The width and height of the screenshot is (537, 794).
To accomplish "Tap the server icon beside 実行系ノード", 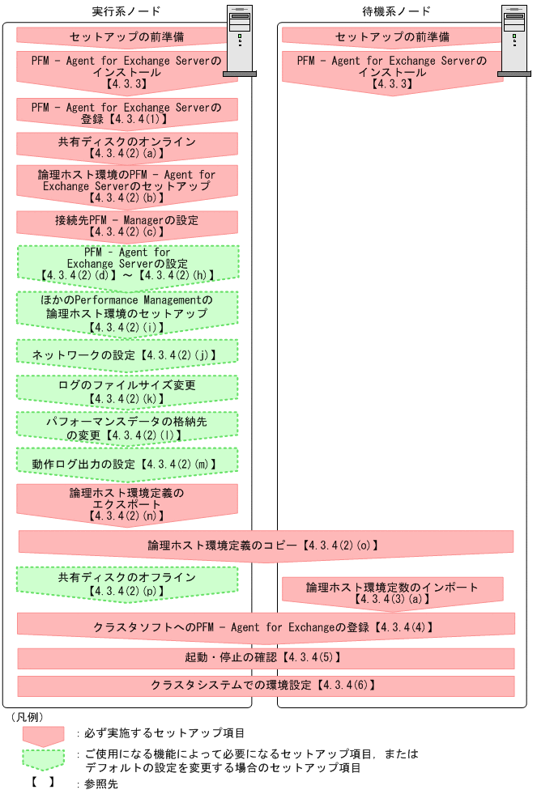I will click(239, 41).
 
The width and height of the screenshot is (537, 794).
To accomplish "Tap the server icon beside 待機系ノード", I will click(515, 41).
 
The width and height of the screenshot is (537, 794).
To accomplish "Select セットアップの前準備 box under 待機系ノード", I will click(392, 37).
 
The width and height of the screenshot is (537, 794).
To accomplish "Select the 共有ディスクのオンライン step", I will click(127, 146).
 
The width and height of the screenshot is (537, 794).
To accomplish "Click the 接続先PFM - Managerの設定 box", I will click(127, 224).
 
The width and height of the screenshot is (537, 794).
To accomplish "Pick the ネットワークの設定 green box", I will click(127, 354).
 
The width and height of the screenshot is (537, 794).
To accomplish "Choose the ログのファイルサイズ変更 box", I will click(127, 390).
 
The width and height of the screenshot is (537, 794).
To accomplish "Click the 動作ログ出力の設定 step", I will click(127, 464).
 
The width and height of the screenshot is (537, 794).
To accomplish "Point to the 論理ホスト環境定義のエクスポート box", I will click(127, 503).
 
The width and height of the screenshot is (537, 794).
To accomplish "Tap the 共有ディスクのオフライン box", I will click(127, 583).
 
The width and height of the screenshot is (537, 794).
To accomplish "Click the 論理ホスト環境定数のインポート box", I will click(392, 592).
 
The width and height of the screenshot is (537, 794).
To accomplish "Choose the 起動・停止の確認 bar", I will click(266, 657).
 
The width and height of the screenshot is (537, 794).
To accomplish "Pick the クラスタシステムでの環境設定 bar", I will click(266, 686).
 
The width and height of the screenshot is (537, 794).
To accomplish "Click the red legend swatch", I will click(42, 734).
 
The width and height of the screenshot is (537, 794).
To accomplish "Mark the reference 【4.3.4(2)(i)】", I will click(127, 327).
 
